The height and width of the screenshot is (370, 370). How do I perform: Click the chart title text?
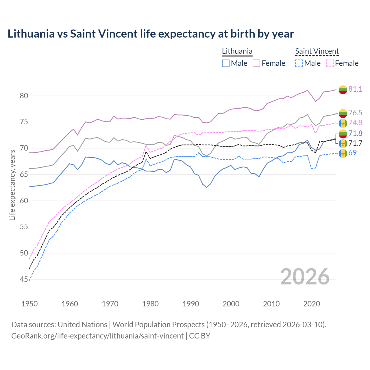point(151,34)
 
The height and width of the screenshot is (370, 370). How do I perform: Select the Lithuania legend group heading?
point(237,51)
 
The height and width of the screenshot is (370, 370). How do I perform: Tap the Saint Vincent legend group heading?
point(317,51)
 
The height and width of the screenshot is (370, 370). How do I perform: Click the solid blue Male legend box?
point(226,63)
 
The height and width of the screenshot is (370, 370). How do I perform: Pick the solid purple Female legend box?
point(256,63)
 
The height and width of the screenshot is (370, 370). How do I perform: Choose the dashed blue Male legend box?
point(299,63)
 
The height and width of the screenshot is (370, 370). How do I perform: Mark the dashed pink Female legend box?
point(330,63)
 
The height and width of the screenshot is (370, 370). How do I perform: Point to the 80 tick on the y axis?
point(24,96)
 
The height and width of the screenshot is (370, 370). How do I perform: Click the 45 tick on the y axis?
point(24,280)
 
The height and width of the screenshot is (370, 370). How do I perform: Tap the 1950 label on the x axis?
point(29,304)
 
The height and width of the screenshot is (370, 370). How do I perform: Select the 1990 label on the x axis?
point(191,304)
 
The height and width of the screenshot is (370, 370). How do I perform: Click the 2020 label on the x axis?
point(312,304)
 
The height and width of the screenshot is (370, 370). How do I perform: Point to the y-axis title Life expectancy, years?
point(12,185)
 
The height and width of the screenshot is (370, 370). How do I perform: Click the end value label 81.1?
point(355,89)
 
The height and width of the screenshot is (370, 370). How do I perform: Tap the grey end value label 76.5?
point(355,113)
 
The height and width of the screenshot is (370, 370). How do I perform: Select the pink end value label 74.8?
point(355,123)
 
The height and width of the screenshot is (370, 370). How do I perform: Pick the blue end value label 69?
point(352,153)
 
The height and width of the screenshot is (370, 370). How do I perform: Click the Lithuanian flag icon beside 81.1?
point(343,90)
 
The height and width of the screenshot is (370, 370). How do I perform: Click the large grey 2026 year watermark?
point(305,277)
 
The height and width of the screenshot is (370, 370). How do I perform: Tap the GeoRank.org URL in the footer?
point(97,336)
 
